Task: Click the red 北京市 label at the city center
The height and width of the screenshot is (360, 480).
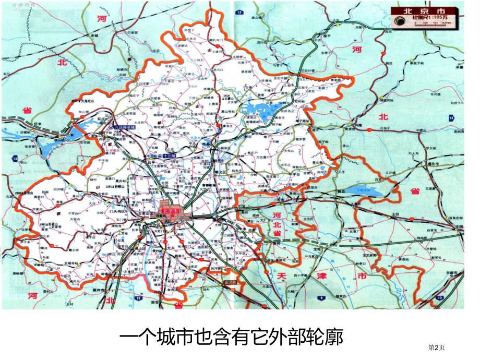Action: click(x=171, y=211)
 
